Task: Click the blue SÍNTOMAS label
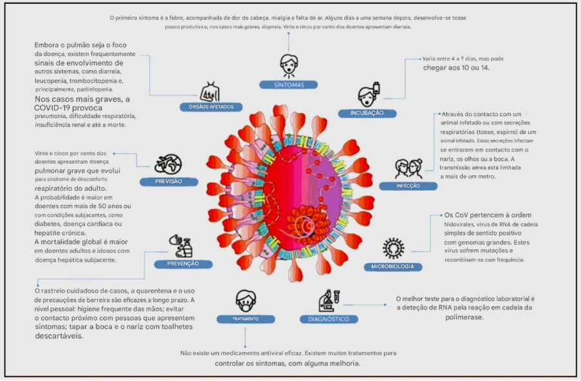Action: [x=288, y=84]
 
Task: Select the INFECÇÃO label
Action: [x=408, y=186]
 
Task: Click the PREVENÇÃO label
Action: [x=183, y=263]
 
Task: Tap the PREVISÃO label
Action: [x=169, y=181]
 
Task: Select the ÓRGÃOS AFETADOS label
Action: [x=211, y=106]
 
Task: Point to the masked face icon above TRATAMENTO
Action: [x=244, y=300]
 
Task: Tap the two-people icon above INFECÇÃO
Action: [x=409, y=168]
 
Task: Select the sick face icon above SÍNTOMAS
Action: [x=288, y=66]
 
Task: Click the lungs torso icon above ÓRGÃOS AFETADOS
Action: [x=210, y=90]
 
